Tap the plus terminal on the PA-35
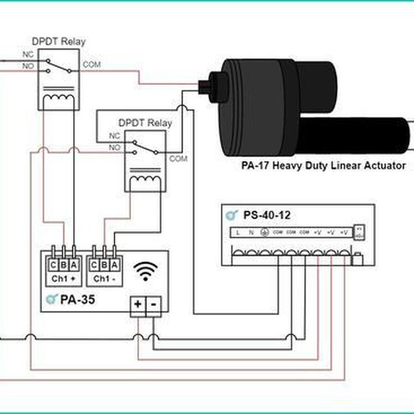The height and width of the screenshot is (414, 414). pyautogui.click(x=138, y=304)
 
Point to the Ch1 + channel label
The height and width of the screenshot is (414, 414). pyautogui.click(x=63, y=279)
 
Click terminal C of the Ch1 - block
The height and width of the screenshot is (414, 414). pyautogui.click(x=95, y=264)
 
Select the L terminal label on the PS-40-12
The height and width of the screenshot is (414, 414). pyautogui.click(x=238, y=233)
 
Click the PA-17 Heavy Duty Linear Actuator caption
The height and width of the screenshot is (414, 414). pyautogui.click(x=324, y=166)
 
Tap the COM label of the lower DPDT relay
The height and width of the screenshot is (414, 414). pyautogui.click(x=178, y=159)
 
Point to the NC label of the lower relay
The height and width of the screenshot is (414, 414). pyautogui.click(x=115, y=137)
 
